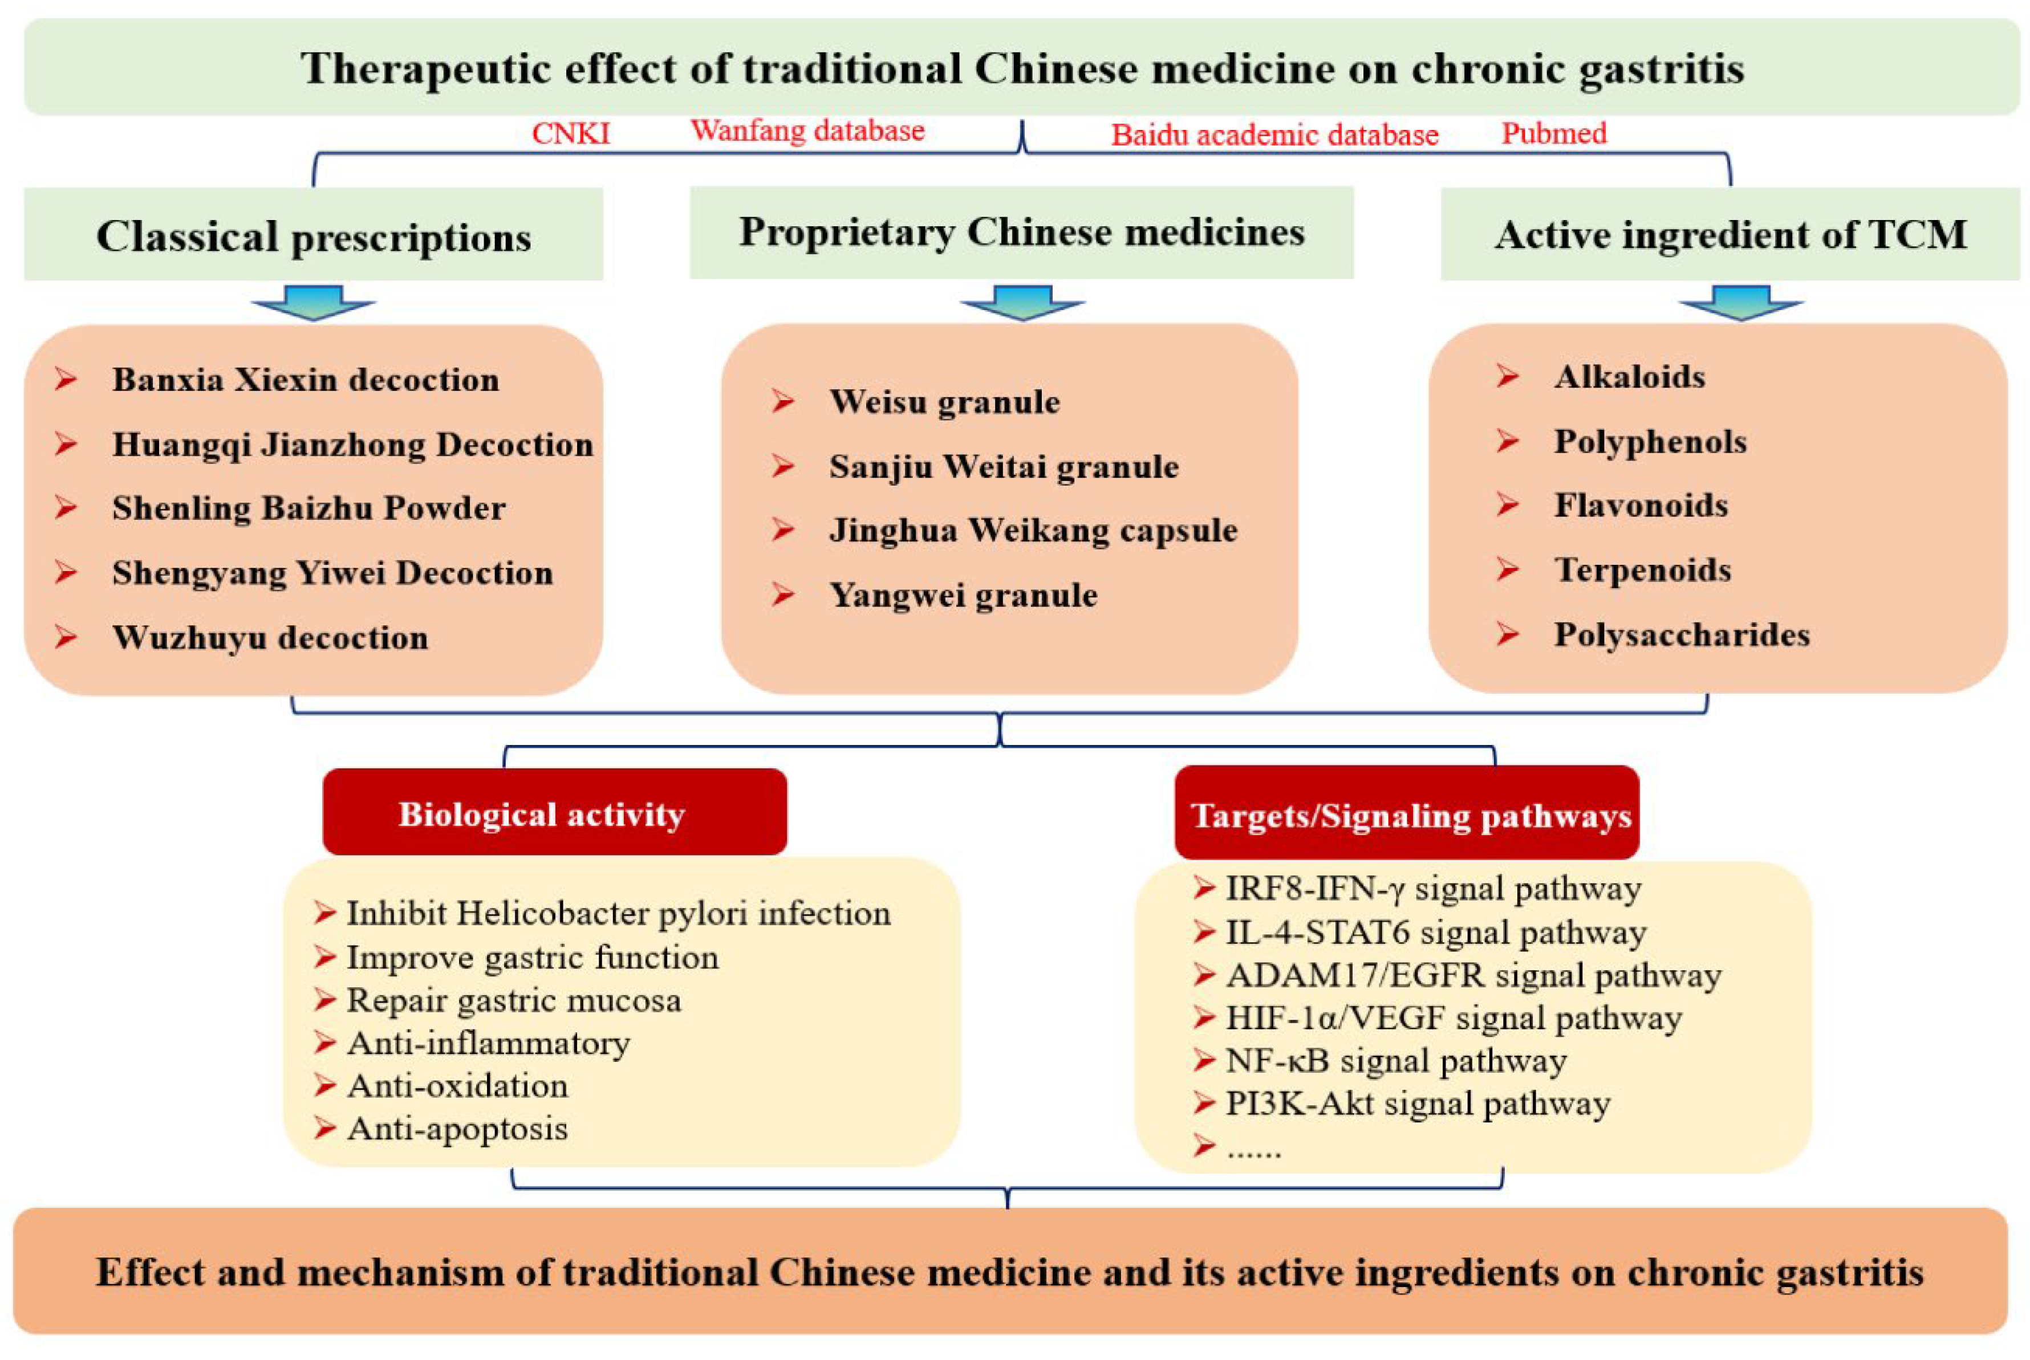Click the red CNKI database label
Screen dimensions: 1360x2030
(x=571, y=133)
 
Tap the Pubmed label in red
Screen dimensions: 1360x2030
(x=1554, y=133)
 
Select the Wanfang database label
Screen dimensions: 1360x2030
(x=807, y=131)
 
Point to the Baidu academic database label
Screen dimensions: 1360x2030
(x=1274, y=135)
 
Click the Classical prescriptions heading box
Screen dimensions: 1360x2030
(x=313, y=235)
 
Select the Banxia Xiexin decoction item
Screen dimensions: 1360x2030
(x=306, y=379)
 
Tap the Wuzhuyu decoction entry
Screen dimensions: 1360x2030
(x=270, y=637)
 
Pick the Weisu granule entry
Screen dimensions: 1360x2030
(x=944, y=402)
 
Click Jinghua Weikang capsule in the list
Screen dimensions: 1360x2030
(x=1032, y=530)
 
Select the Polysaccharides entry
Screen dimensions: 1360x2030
(x=1681, y=635)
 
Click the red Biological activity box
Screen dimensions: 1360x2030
(x=554, y=813)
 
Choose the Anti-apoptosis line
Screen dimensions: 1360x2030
(x=457, y=1129)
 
